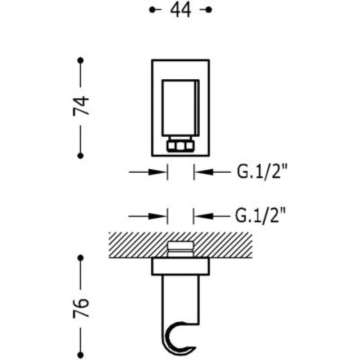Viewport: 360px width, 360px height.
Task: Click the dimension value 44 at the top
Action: point(180,9)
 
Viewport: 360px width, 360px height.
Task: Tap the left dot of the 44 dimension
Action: point(152,9)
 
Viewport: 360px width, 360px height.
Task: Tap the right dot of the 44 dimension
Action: point(209,9)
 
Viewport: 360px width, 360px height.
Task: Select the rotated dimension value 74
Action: point(81,106)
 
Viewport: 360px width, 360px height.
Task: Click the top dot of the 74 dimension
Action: point(81,60)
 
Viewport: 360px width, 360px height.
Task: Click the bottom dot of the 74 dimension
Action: point(81,156)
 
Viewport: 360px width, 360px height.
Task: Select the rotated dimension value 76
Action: point(81,308)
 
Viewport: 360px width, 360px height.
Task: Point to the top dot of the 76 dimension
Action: point(81,258)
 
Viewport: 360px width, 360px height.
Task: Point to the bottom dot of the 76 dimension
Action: point(81,355)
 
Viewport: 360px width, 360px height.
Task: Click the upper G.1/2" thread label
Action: point(262,171)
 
